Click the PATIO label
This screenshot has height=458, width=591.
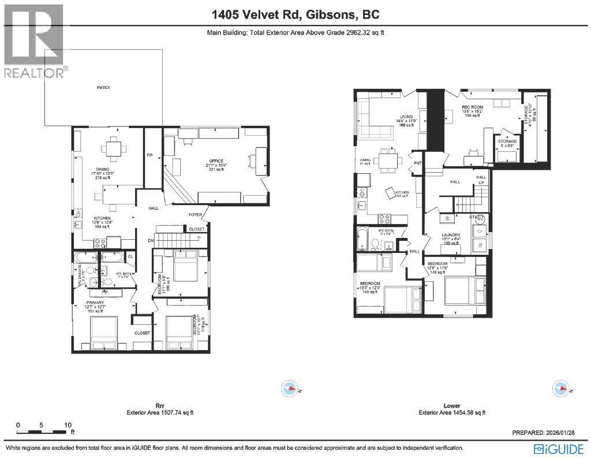[x=103, y=88]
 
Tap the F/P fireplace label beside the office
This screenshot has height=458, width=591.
[x=149, y=155]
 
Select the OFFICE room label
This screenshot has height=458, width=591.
[x=216, y=161]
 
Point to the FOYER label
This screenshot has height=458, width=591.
[x=195, y=215]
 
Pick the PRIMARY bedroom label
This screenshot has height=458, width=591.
[x=95, y=303]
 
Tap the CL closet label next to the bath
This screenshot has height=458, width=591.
[x=130, y=256]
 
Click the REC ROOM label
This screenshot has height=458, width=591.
[x=472, y=107]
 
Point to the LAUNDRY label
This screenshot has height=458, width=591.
[x=454, y=234]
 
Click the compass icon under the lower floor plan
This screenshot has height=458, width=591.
[x=559, y=387]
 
